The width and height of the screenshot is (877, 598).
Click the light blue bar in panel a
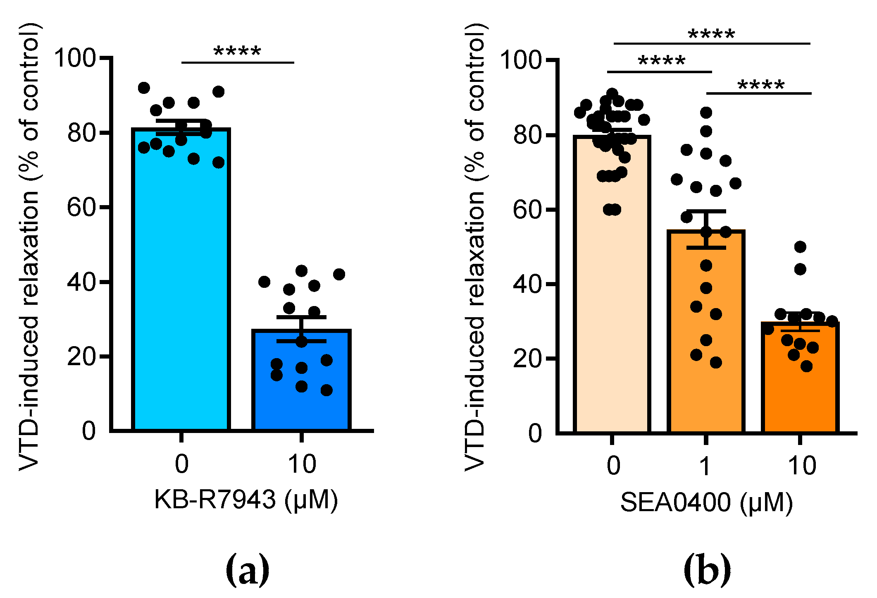(181, 289)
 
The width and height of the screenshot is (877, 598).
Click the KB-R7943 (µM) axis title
(246, 500)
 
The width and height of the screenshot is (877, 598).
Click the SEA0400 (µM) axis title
(706, 502)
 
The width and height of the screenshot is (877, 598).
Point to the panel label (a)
(247, 570)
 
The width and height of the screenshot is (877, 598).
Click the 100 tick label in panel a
(75, 57)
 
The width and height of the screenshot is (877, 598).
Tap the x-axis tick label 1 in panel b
(705, 466)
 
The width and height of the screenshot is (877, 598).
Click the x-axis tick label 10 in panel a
(302, 464)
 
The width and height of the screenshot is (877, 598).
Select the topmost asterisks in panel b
(711, 33)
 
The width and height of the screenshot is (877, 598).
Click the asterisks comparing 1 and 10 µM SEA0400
(761, 85)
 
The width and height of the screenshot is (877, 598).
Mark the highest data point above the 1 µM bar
(706, 112)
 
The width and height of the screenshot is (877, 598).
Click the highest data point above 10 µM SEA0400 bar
(800, 247)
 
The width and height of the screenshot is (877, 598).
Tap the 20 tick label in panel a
(81, 356)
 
